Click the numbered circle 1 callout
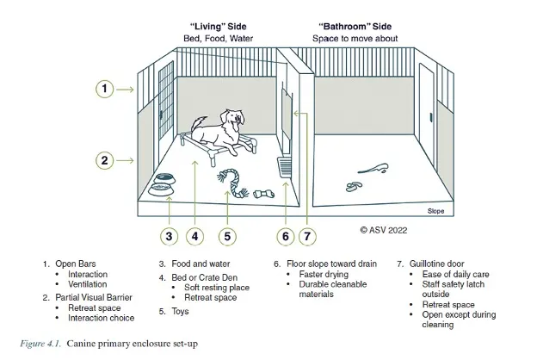click(103, 89)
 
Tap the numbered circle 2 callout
click(103, 159)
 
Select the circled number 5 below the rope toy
click(227, 235)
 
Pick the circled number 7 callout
click(308, 235)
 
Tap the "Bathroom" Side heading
click(349, 27)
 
